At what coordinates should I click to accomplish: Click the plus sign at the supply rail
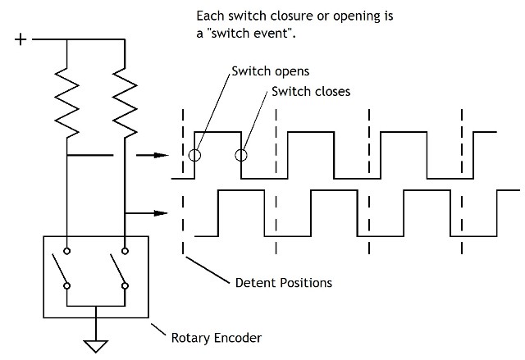click(x=21, y=39)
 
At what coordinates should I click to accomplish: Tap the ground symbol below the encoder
click(x=97, y=344)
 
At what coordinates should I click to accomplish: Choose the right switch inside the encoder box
click(x=118, y=268)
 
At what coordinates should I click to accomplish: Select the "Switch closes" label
click(x=311, y=91)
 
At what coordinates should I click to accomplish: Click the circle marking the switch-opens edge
click(x=194, y=155)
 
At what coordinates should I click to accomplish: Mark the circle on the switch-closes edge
click(x=241, y=155)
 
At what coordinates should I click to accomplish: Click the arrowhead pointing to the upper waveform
click(x=163, y=154)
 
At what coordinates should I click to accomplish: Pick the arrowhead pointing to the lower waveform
click(x=163, y=213)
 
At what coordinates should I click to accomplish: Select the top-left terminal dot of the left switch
click(x=66, y=251)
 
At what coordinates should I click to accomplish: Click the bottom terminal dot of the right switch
click(x=124, y=286)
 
